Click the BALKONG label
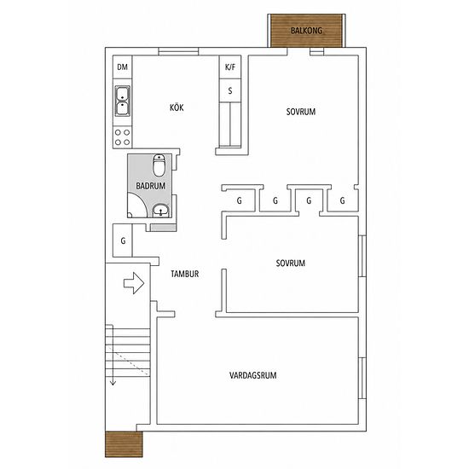[x=307, y=31]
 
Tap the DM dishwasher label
[x=122, y=67]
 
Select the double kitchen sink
[x=122, y=101]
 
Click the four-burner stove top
[x=122, y=137]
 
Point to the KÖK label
[x=177, y=107]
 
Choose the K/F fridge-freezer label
[x=230, y=67]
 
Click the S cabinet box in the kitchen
[x=230, y=90]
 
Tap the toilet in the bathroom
[x=159, y=165]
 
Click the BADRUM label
[x=150, y=186]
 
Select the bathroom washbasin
[x=161, y=211]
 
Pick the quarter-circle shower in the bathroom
[x=137, y=206]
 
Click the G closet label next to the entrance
[x=123, y=240]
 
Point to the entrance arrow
[x=134, y=283]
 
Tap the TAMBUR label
[x=184, y=274]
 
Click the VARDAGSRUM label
[x=252, y=375]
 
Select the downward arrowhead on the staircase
[x=113, y=383]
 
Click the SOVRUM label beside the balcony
[x=301, y=112]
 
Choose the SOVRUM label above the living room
[x=291, y=263]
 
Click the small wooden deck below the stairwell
[x=124, y=444]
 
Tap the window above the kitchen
[x=178, y=51]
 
